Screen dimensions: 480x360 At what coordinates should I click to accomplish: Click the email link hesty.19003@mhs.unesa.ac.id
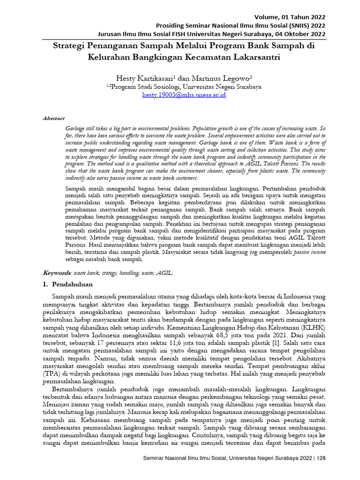184,95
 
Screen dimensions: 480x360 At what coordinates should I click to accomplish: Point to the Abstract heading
53,119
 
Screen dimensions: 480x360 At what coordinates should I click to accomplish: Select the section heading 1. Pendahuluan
67,284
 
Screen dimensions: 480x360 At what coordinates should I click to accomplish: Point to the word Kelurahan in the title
111,58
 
